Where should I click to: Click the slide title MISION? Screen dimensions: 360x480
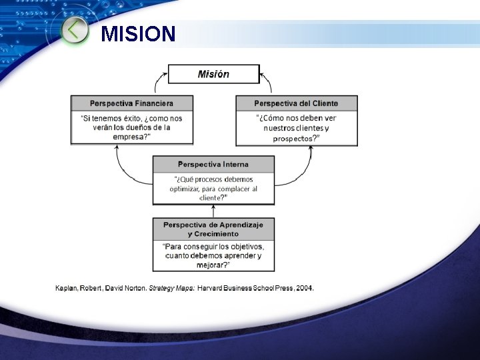pos(138,33)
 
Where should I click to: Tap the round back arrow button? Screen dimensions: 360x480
pos(75,31)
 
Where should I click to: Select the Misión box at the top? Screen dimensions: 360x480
pos(213,74)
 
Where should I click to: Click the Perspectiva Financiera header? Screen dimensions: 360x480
pos(132,103)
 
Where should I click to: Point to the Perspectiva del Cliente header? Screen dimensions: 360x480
pos(296,103)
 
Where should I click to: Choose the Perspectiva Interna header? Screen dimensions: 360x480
pos(213,164)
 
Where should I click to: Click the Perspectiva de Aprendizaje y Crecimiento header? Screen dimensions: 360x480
pos(213,229)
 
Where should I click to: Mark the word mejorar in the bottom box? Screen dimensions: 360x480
pos(212,265)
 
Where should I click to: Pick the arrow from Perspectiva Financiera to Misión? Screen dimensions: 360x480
pos(157,82)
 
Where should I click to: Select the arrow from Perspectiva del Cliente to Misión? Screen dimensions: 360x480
pos(269,82)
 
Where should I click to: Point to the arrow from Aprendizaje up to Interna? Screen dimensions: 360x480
pos(213,212)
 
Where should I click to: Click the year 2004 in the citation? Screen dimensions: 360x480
pos(303,288)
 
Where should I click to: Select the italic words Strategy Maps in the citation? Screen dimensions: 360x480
pos(171,288)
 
